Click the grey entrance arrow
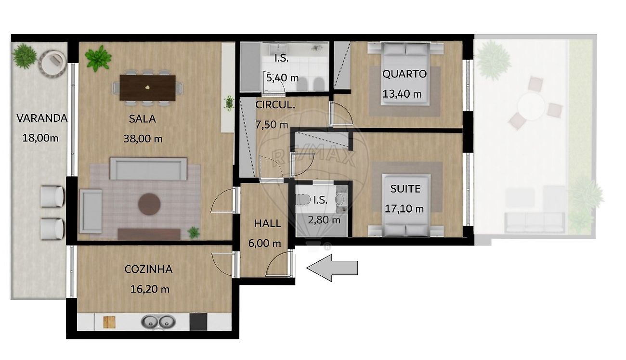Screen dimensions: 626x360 332,268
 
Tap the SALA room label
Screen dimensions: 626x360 142,119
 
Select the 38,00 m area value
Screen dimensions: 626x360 143,139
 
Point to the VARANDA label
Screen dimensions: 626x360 42,118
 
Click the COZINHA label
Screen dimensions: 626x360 148,269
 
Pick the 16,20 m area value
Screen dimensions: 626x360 150,289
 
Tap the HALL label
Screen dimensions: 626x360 267,223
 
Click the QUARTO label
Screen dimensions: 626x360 404,74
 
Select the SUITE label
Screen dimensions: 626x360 405,189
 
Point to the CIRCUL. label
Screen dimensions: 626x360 275,105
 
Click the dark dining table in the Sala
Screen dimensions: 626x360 147,88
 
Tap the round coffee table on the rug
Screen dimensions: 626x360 149,204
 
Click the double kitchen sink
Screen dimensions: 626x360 158,322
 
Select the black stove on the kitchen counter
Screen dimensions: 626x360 198,321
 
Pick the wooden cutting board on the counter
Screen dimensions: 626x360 109,322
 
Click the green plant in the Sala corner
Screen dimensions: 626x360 98,59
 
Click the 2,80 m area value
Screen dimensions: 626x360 324,220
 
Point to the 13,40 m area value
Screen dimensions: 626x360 402,94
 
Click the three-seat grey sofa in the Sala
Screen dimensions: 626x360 148,168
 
